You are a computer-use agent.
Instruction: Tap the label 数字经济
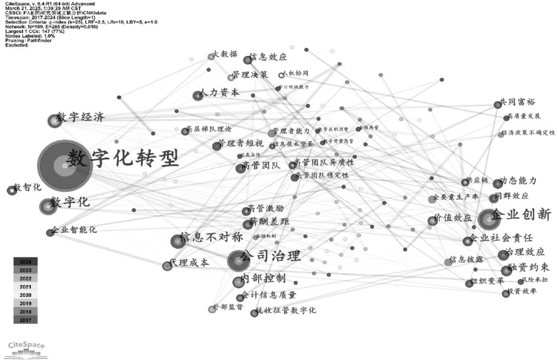[x=81, y=117]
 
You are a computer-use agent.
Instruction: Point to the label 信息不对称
[x=211, y=238]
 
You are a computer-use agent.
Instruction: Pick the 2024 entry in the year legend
[x=25, y=261]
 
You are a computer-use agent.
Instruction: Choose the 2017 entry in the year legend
[x=25, y=320]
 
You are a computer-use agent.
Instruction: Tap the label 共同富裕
[x=518, y=102]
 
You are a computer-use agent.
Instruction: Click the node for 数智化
[x=12, y=191]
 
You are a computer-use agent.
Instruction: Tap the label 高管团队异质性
[x=324, y=163]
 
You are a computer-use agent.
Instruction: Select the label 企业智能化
[x=74, y=230]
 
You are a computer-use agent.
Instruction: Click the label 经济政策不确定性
[x=528, y=132]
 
